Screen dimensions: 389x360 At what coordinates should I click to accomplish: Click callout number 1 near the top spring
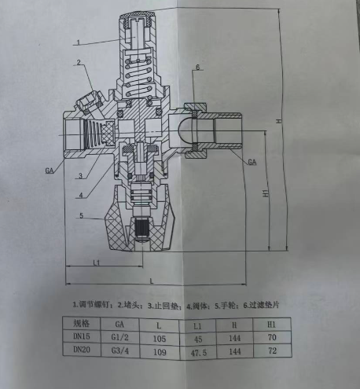pyautogui.click(x=78, y=40)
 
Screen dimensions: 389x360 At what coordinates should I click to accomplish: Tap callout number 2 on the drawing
pyautogui.click(x=79, y=62)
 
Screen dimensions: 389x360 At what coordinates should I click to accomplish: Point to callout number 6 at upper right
pyautogui.click(x=199, y=68)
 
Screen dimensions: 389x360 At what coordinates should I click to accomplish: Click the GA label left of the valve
pyautogui.click(x=49, y=170)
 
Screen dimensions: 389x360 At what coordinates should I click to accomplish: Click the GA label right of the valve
pyautogui.click(x=252, y=163)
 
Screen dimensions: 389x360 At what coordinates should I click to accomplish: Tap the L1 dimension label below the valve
pyautogui.click(x=95, y=261)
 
